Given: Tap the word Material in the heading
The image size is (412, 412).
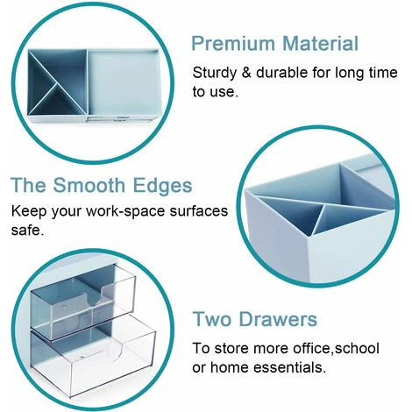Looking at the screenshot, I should click(317, 43).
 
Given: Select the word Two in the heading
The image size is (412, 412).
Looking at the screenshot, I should click(212, 319).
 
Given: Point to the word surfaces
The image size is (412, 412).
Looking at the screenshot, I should click(196, 213).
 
